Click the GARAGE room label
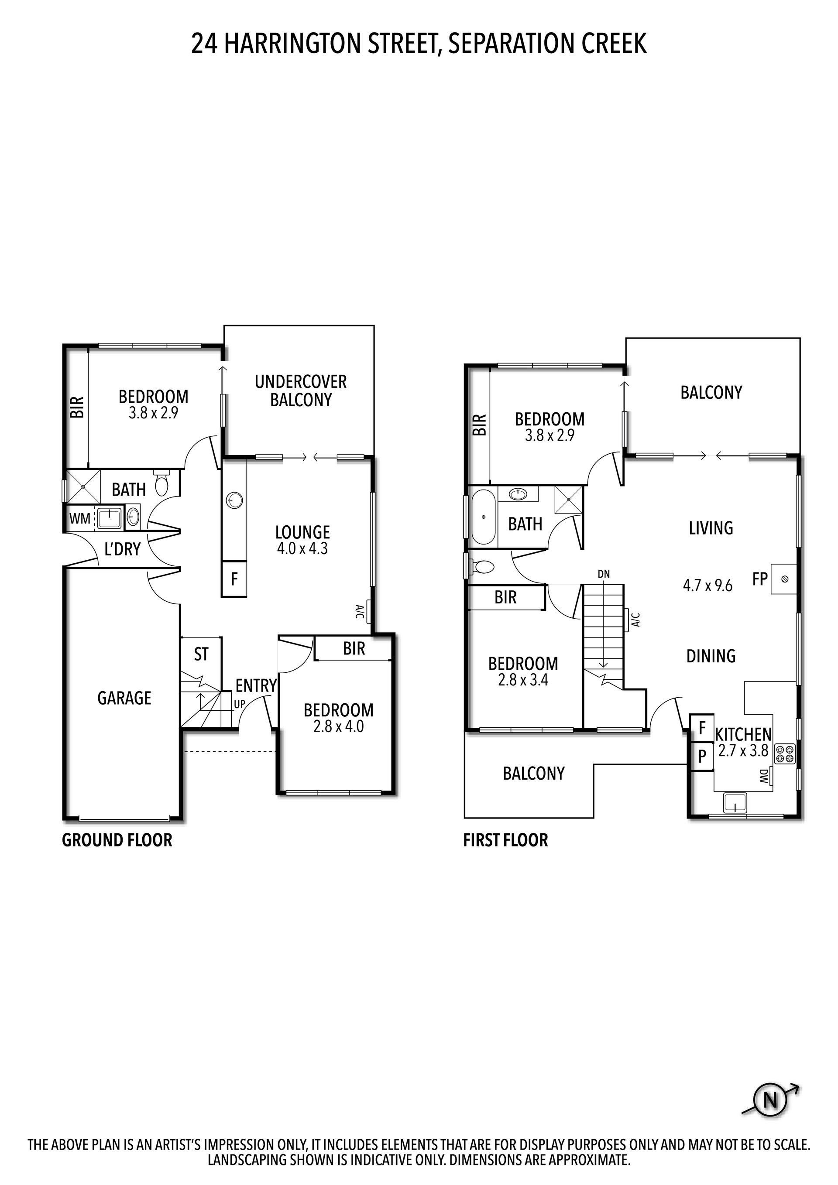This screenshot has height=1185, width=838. coord(124,698)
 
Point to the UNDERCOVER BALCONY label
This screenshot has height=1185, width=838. coord(301,390)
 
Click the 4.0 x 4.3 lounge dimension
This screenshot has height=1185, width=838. coord(302,548)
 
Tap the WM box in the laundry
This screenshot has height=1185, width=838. coord(79,519)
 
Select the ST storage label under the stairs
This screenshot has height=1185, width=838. coord(201,654)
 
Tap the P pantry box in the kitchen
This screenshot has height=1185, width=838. coord(702,757)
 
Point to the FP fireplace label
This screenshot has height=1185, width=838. coord(760,579)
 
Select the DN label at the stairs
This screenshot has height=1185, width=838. coord(604,574)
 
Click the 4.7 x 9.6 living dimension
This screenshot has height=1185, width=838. coord(707,585)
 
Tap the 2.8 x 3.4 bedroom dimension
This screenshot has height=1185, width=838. coord(523,680)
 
